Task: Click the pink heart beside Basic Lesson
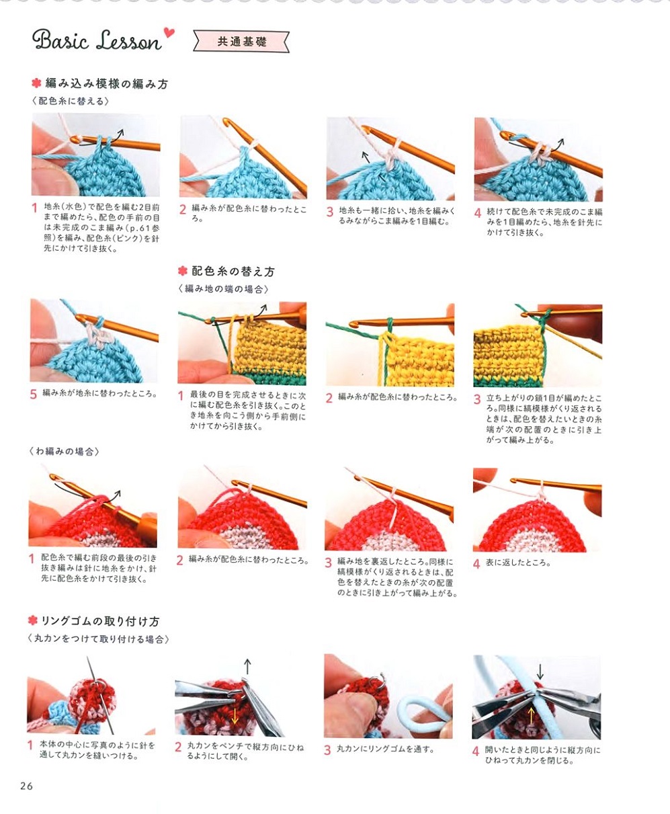[x=169, y=32]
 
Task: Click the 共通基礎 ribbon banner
[x=242, y=41]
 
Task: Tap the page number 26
[x=27, y=786]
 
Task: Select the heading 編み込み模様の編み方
[x=107, y=84]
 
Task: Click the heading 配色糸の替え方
[x=233, y=272]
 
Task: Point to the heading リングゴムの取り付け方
[x=100, y=621]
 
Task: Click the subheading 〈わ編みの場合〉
[x=64, y=452]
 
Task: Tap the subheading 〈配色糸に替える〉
[x=71, y=101]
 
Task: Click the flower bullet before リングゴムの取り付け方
[x=33, y=620]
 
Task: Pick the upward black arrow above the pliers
[x=247, y=667]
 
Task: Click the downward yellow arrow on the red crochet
[x=235, y=717]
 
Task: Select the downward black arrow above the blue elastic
[x=540, y=671]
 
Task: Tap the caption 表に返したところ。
[x=518, y=563]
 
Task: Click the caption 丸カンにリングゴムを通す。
[x=386, y=749]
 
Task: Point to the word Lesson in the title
[x=129, y=40]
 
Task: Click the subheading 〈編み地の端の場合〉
[x=224, y=289]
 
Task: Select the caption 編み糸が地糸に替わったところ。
[x=100, y=394]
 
